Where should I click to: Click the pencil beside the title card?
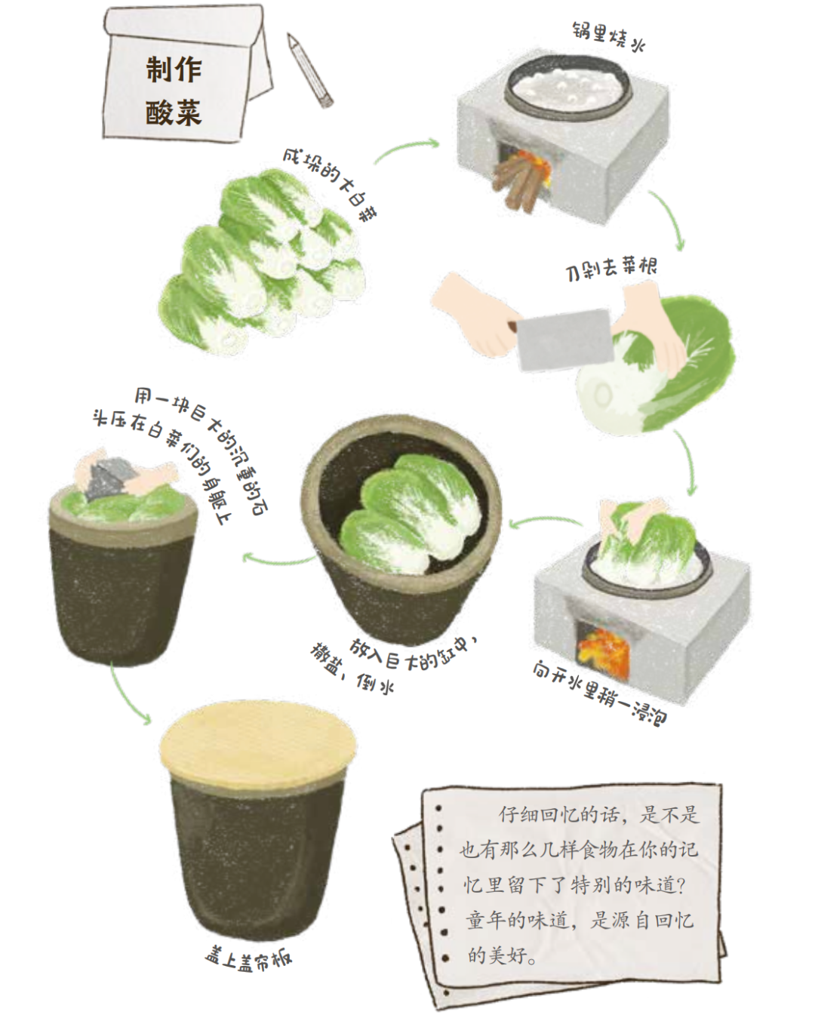(309, 69)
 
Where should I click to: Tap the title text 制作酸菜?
(174, 91)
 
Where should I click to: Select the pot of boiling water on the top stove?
(564, 88)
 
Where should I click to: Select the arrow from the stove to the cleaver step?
(668, 219)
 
